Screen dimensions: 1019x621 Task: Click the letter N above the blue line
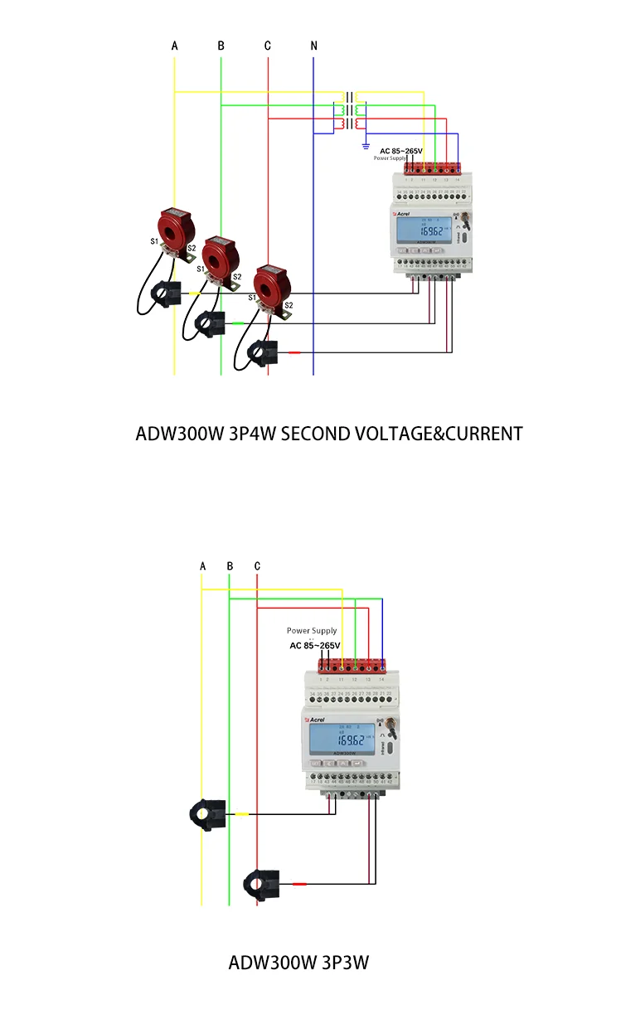coord(313,46)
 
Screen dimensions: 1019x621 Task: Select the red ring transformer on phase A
coord(175,226)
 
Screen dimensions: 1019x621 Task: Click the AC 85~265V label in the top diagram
coord(401,151)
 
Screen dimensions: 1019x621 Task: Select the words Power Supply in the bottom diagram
coord(312,631)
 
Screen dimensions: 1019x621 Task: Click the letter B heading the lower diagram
coord(230,566)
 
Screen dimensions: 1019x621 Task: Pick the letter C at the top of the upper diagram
coord(268,46)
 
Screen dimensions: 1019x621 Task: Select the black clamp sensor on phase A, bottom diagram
coord(207,814)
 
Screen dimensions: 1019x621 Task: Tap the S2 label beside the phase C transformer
coord(289,305)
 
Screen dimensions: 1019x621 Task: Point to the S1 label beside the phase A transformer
coord(154,241)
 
